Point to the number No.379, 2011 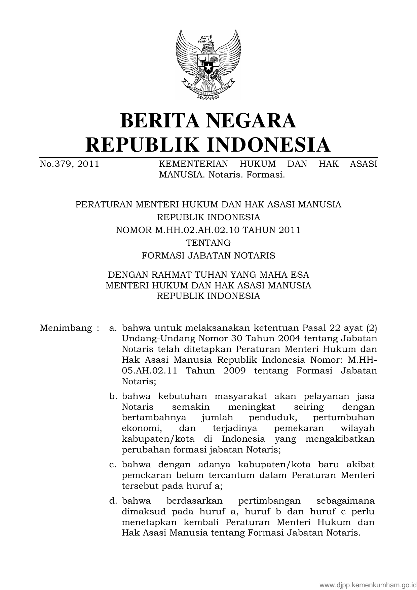[x=69, y=164]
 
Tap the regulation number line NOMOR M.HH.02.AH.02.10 [x=208, y=230]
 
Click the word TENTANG [x=208, y=243]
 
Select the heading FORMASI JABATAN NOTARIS [x=208, y=255]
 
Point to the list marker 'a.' [x=113, y=328]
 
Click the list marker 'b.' [x=113, y=396]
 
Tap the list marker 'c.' [x=113, y=465]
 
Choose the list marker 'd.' [x=113, y=501]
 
